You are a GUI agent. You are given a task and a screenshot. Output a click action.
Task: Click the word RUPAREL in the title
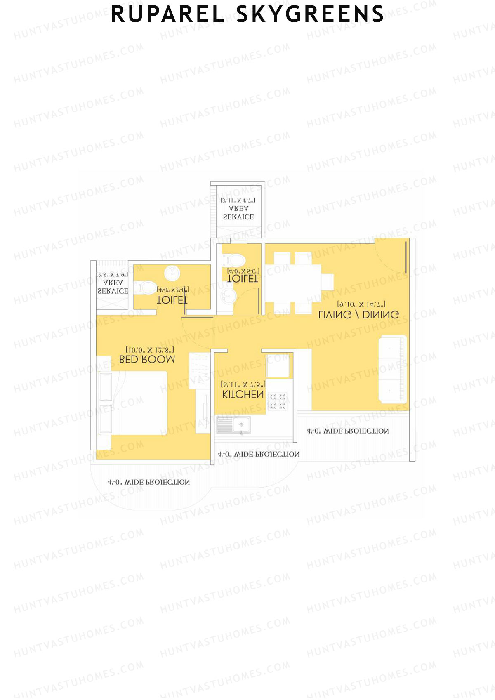tap(167, 14)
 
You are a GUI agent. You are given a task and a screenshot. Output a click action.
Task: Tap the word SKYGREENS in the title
tap(309, 14)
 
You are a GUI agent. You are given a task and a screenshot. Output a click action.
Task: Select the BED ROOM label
tap(147, 359)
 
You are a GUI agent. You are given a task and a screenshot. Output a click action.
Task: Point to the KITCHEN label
tap(243, 394)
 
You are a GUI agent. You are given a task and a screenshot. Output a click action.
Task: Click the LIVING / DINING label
tap(358, 314)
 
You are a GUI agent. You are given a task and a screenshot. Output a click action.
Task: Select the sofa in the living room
tap(393, 368)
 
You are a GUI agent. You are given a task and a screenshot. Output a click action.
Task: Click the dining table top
tap(293, 283)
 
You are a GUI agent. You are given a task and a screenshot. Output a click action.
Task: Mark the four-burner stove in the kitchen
tap(277, 401)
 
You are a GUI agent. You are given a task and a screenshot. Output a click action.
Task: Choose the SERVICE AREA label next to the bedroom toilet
tap(113, 287)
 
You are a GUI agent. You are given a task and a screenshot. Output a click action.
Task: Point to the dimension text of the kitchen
tap(243, 384)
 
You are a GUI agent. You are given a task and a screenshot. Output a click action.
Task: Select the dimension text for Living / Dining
tap(361, 304)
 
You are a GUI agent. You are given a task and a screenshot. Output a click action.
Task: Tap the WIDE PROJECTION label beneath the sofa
tap(347, 431)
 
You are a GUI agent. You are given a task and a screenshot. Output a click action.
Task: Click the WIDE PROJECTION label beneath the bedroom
tap(148, 482)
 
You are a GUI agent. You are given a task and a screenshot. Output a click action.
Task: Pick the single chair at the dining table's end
tap(327, 282)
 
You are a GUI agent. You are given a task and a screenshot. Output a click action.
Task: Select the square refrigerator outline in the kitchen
tap(279, 365)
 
